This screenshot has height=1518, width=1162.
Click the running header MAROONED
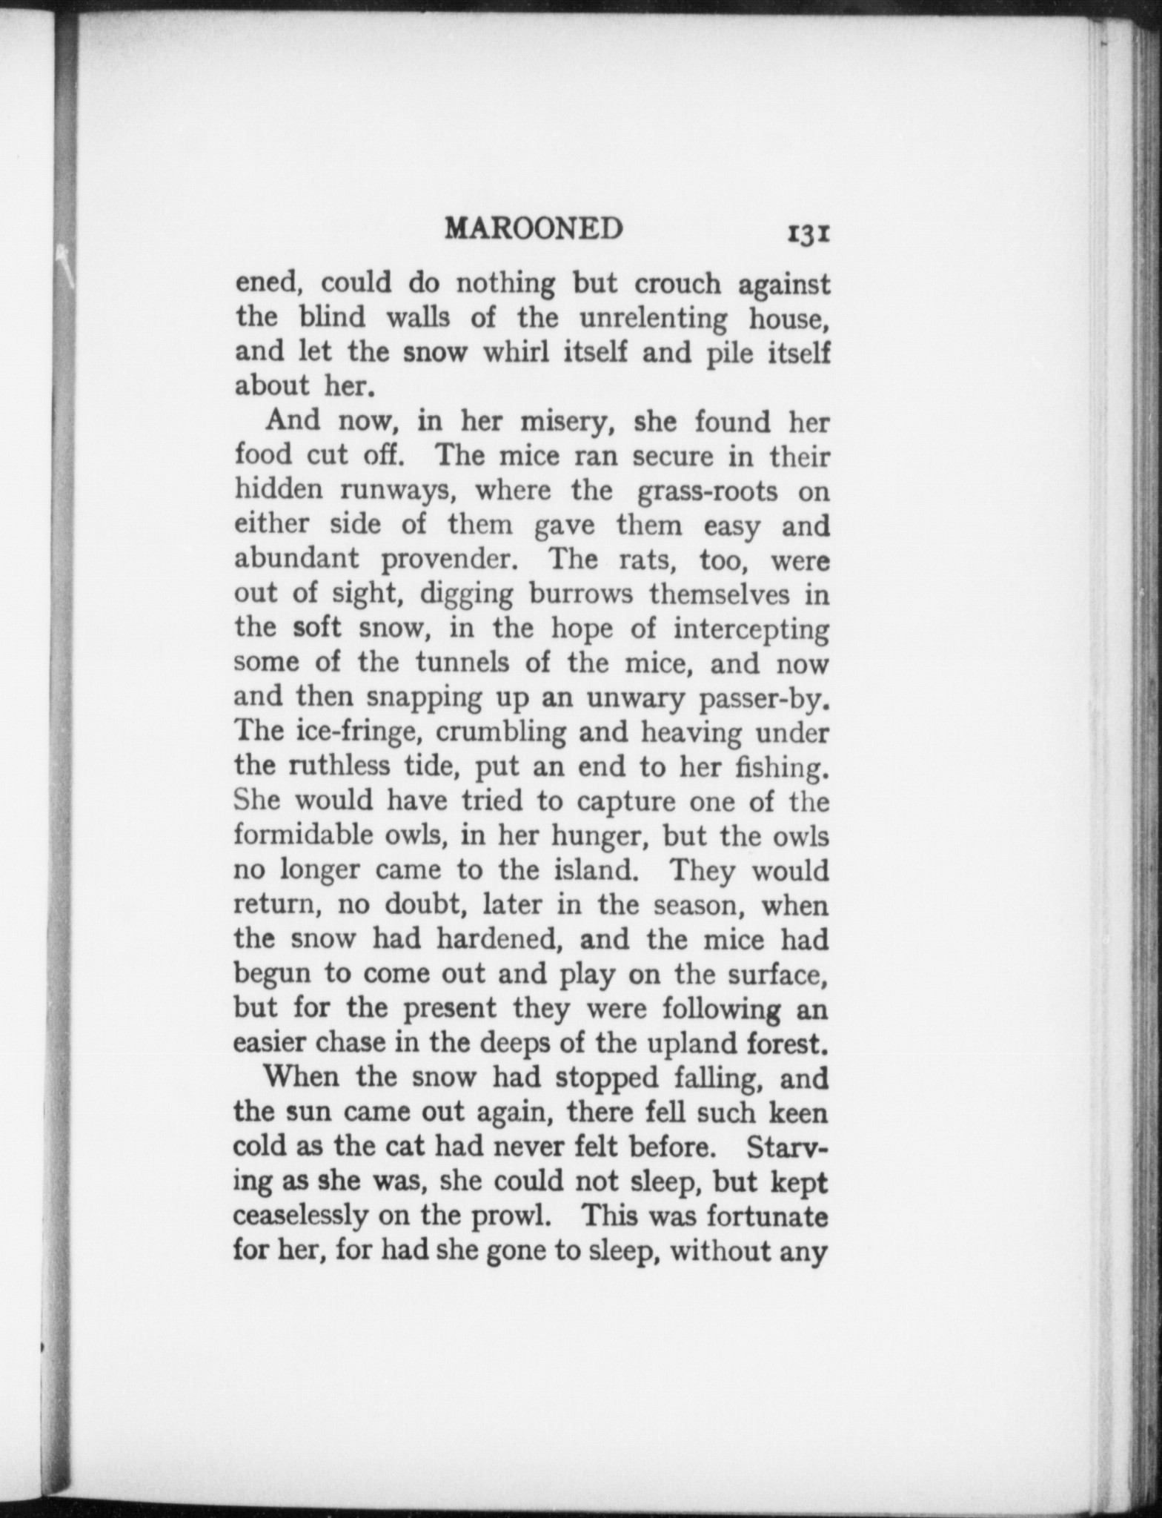coord(533,229)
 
